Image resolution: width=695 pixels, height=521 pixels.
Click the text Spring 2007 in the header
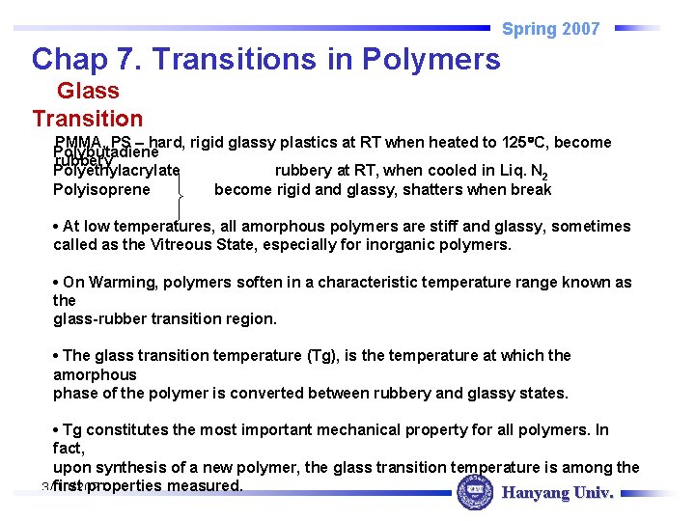tap(550, 29)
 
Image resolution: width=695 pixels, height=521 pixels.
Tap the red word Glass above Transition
tap(88, 92)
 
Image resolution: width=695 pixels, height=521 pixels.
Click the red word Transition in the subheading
tap(87, 119)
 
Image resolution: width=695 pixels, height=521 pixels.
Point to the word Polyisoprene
tap(101, 190)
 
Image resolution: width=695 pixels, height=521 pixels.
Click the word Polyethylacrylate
tap(116, 172)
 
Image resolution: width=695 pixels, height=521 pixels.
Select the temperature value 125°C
tap(526, 143)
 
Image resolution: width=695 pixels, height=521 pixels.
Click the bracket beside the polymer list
tap(180, 199)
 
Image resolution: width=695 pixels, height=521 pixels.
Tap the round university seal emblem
tap(474, 494)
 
